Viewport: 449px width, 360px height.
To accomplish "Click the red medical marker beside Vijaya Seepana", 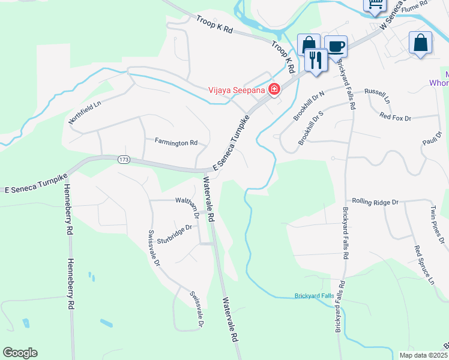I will [x=274, y=90].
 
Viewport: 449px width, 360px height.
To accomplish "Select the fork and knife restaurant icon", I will [x=315, y=59].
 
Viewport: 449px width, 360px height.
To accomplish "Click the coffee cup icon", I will [x=336, y=46].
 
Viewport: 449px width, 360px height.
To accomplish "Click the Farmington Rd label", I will [x=176, y=143].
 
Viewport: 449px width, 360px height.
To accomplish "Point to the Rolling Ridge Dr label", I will [x=375, y=202].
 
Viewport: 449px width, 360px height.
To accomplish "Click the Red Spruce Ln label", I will [x=424, y=264].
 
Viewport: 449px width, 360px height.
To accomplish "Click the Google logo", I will [x=20, y=353].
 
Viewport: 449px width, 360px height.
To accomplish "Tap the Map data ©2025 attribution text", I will [x=423, y=355].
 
